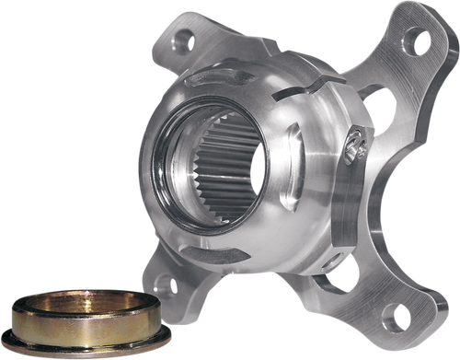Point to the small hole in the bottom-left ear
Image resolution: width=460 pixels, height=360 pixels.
click(174, 285)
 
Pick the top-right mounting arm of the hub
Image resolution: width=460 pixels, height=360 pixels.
click(405, 64)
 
